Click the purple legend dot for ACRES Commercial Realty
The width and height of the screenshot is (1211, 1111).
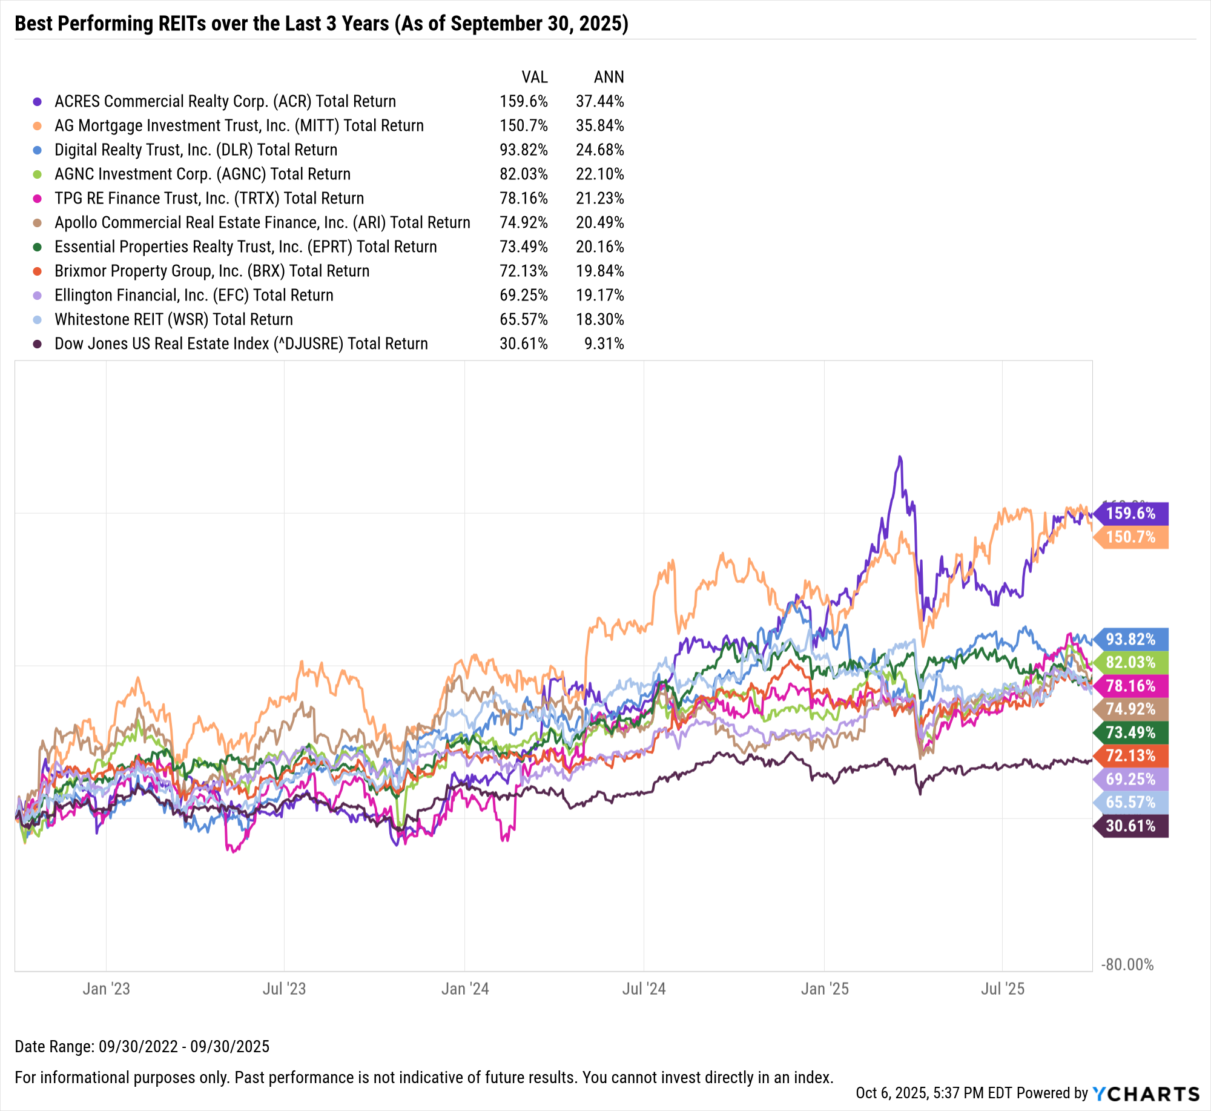pos(38,102)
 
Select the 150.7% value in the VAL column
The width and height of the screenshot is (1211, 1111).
pos(523,126)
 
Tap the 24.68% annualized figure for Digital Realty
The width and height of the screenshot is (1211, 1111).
pos(599,150)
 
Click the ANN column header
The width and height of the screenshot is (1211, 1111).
pos(609,78)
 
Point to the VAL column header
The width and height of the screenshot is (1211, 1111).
pos(535,78)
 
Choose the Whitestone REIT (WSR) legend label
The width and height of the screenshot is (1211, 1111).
pos(173,320)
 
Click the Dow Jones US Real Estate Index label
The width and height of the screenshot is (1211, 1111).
pos(241,344)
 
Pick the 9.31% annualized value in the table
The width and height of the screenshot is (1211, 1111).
pos(604,344)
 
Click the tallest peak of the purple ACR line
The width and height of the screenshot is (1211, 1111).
pos(900,457)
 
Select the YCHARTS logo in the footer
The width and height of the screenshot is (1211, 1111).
pos(1146,1093)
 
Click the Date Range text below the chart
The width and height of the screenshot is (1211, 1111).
pos(142,1046)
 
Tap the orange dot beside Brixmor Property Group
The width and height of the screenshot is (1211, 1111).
pos(38,271)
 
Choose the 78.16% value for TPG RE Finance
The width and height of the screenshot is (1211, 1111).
pos(523,199)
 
